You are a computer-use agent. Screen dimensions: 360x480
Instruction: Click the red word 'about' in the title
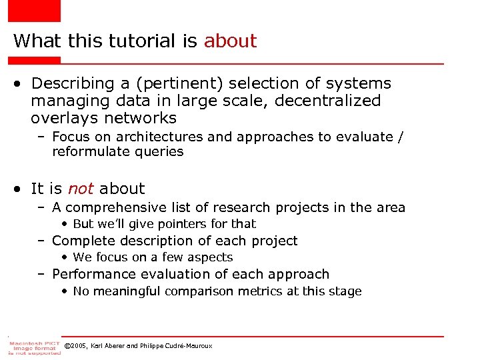pyautogui.click(x=230, y=41)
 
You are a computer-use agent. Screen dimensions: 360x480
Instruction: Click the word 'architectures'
pyautogui.click(x=159, y=137)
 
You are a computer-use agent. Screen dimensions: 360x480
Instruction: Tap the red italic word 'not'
pyautogui.click(x=81, y=189)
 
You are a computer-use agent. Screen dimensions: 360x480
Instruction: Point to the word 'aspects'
pyautogui.click(x=210, y=257)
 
